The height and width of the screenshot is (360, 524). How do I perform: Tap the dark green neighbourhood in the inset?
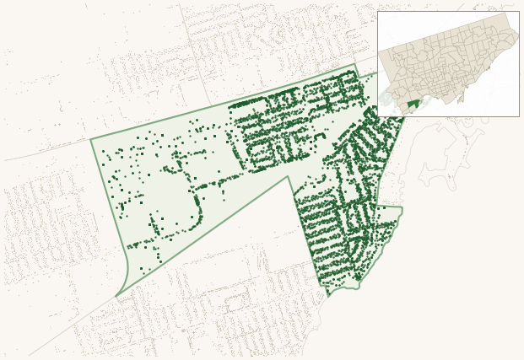(x=413, y=105)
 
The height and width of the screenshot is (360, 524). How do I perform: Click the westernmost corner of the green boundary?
(x=91, y=138)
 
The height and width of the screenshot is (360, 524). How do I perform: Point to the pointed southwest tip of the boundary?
(x=116, y=296)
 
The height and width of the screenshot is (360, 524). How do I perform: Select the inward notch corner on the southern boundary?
(x=289, y=176)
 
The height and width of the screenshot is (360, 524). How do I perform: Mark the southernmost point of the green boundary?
(x=329, y=296)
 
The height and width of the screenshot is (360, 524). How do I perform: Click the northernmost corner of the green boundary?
(x=356, y=64)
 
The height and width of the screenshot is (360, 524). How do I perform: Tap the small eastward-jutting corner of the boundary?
(x=402, y=207)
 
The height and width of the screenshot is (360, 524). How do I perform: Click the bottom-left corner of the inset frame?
(x=377, y=116)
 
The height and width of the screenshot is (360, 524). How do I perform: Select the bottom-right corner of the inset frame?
(x=519, y=116)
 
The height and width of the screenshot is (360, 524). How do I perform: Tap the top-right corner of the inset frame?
(x=519, y=11)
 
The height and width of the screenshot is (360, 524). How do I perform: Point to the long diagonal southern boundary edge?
(x=203, y=236)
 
